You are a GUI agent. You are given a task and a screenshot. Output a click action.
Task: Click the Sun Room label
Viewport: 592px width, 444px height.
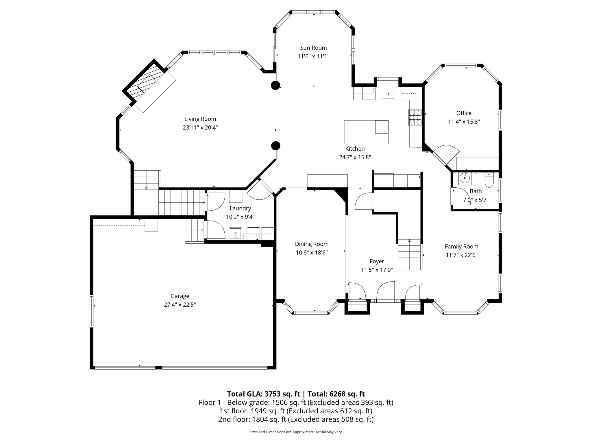tap(313, 48)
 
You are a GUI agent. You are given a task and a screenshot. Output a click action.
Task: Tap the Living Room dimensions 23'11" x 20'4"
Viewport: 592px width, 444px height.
tap(200, 127)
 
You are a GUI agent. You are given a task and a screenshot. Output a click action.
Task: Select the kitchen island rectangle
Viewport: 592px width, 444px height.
tap(366, 132)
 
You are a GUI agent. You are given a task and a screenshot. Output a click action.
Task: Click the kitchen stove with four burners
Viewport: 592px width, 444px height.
tap(415, 118)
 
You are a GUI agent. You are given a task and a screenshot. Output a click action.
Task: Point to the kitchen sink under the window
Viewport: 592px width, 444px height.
tap(388, 93)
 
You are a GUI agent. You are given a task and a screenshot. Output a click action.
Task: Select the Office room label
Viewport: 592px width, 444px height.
tap(464, 113)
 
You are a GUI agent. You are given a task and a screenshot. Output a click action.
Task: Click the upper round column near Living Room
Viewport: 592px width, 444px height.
tap(275, 85)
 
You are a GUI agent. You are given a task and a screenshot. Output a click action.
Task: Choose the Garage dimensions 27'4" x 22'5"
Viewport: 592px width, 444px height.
tap(180, 305)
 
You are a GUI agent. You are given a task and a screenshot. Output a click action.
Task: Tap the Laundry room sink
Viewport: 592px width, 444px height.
tap(236, 234)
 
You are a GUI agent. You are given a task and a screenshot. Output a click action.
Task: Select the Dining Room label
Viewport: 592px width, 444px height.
tap(312, 244)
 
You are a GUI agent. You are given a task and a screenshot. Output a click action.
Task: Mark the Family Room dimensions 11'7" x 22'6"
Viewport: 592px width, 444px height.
tap(461, 255)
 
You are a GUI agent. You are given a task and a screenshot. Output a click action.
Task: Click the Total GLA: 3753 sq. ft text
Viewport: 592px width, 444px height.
tap(263, 394)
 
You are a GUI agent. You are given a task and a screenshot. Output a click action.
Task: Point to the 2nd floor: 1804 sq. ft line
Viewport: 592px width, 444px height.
tap(296, 419)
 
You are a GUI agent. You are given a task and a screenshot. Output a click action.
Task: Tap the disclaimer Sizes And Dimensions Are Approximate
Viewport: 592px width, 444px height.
tap(296, 432)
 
